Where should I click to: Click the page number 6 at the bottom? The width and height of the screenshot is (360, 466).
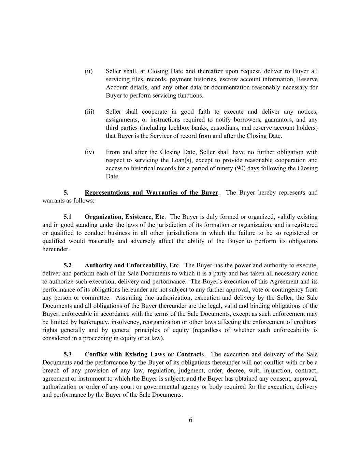(190, 420)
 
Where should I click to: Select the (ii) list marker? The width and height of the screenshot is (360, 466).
(89, 71)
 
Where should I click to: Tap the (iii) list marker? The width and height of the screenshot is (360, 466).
(89, 112)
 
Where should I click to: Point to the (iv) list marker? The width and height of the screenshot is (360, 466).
(89, 152)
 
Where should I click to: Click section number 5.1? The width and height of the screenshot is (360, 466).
(68, 217)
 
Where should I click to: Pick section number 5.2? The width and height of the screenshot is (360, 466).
(68, 265)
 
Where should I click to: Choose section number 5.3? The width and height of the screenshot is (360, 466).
(68, 354)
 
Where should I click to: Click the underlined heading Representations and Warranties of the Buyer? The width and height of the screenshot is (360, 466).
(151, 193)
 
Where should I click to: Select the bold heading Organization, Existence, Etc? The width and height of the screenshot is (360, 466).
(125, 217)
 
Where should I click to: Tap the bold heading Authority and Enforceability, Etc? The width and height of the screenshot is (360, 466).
(132, 265)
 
